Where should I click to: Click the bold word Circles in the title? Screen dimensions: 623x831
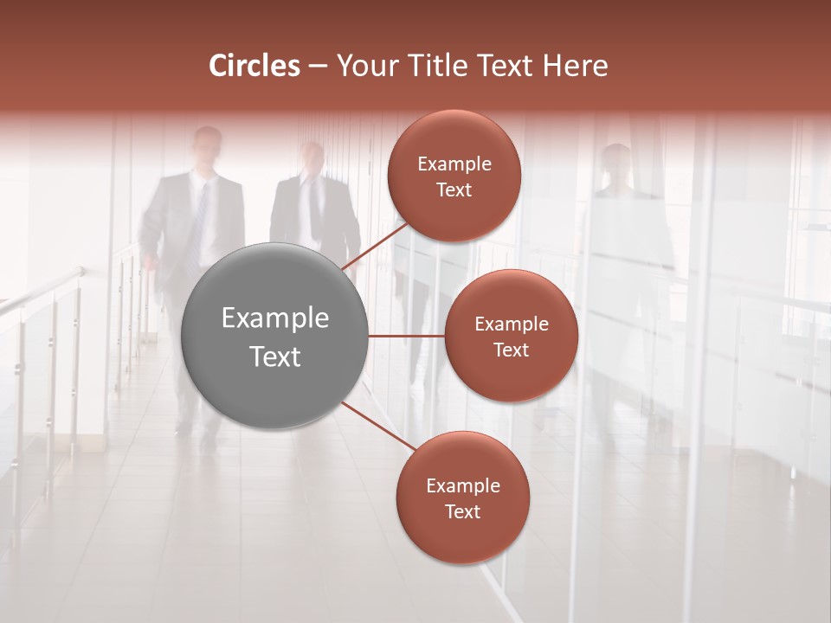coord(254,66)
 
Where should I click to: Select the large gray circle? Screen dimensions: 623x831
coord(274,336)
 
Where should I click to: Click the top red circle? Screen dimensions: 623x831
coord(454,176)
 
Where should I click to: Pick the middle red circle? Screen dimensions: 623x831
coord(511,336)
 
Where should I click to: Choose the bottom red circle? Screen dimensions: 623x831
coord(462,498)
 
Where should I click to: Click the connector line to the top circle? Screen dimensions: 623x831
coord(377,246)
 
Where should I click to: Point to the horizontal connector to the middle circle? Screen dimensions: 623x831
coord(406,336)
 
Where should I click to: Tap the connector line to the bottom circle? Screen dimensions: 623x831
coord(381,427)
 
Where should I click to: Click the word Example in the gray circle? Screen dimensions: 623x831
coord(274,318)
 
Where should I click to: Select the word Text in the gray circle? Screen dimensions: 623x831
coord(274,356)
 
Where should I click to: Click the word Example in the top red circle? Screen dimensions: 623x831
coord(454,164)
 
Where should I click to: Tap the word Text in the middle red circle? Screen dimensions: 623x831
coord(511,350)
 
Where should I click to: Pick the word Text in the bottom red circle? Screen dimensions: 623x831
coord(462,511)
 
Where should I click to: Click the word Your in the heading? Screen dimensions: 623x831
coord(366,66)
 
